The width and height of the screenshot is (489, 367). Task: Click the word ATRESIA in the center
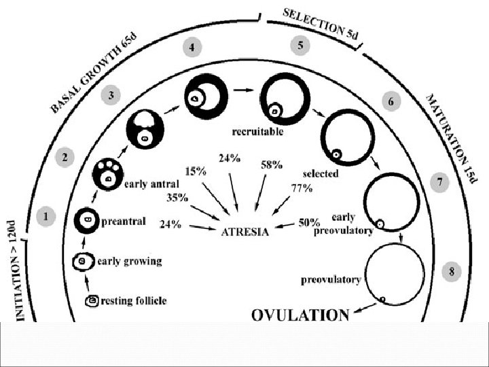tap(246, 231)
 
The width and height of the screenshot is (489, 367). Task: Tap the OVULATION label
tap(301, 315)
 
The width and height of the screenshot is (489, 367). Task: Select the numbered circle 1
tap(46, 218)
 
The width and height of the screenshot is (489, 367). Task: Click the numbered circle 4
tap(193, 48)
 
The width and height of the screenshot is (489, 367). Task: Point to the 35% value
tap(178, 198)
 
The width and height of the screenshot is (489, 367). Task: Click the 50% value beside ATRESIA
tap(310, 223)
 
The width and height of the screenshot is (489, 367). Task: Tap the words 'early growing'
tap(130, 260)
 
